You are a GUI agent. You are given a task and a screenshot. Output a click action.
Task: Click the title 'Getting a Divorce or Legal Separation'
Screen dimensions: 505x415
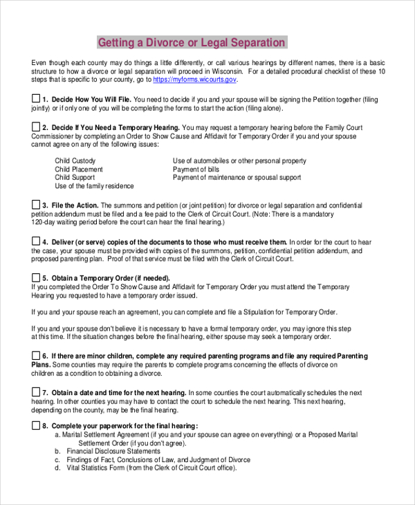pos(191,43)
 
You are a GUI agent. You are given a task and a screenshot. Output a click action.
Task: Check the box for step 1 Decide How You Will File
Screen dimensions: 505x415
pos(36,99)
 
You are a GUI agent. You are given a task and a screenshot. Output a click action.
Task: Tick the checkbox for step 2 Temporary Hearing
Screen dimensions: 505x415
pos(36,127)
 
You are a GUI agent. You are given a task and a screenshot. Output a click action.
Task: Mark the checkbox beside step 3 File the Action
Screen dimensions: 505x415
pos(36,205)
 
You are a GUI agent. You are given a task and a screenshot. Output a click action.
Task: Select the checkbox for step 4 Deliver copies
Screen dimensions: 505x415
pos(36,241)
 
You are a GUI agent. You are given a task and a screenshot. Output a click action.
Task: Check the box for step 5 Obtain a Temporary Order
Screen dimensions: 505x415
pos(36,277)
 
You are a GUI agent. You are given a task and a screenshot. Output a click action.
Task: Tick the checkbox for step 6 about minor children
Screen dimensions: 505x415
pos(36,355)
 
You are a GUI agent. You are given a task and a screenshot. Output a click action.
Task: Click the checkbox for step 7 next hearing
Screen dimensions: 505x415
pos(36,392)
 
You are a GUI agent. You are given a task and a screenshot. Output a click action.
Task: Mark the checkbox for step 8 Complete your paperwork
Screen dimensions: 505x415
pos(36,425)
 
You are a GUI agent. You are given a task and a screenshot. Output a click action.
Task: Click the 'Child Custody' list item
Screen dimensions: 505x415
pos(75,161)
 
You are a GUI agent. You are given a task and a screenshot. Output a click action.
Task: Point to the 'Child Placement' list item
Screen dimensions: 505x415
pos(79,169)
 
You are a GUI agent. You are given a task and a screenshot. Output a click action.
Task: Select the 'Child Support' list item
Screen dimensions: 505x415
pos(75,178)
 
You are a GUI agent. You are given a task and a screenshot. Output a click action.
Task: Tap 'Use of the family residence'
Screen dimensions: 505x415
pos(94,186)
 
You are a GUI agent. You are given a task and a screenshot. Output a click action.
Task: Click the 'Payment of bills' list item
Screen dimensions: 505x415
pos(196,169)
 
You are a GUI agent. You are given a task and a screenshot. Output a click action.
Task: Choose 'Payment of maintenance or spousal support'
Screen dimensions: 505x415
pos(237,178)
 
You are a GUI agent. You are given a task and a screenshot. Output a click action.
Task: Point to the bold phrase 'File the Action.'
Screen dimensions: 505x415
pos(75,205)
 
